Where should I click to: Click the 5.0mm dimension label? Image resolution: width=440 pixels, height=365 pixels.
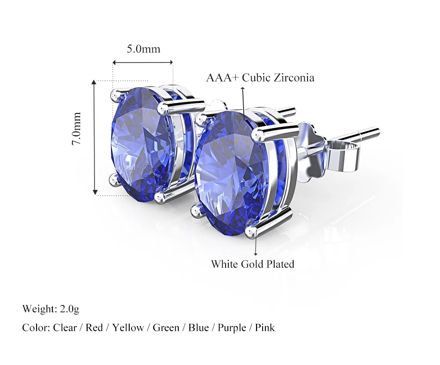coord(144,49)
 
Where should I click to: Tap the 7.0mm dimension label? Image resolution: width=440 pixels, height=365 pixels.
coord(76,128)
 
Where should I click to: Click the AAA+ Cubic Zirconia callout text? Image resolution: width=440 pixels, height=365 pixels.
coord(260,78)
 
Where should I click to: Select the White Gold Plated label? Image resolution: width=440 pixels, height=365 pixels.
coord(252,264)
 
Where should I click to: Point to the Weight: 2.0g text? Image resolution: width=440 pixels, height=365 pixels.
coord(51,309)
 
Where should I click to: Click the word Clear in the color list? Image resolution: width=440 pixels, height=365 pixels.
coord(65,327)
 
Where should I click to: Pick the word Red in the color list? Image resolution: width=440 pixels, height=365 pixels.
coord(94,327)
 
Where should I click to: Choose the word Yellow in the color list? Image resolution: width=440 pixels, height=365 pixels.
coord(128,327)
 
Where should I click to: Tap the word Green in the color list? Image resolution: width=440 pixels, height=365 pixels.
coord(166,327)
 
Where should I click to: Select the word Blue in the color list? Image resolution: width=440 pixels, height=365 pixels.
coord(198,327)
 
